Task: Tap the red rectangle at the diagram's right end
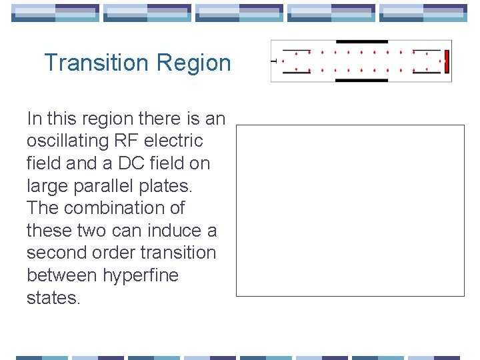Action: coord(447,61)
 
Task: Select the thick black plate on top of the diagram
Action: coord(361,42)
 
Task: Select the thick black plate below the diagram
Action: coord(361,80)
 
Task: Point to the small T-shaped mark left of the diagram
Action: coord(274,61)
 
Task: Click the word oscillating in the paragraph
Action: coord(66,141)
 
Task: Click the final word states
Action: coord(53,298)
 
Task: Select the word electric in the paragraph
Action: coord(173,141)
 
